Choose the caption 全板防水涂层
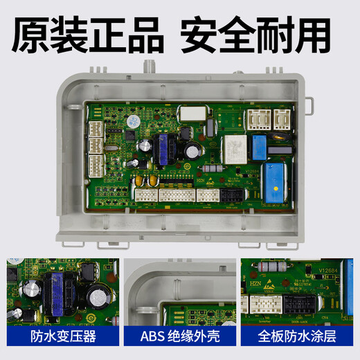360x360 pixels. point(299,339)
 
